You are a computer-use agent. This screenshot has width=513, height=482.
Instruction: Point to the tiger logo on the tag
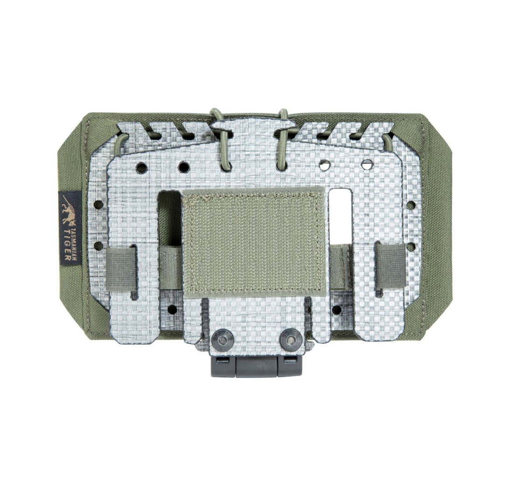click(69, 210)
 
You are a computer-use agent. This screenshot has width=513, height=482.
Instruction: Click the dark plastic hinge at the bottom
click(256, 366)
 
